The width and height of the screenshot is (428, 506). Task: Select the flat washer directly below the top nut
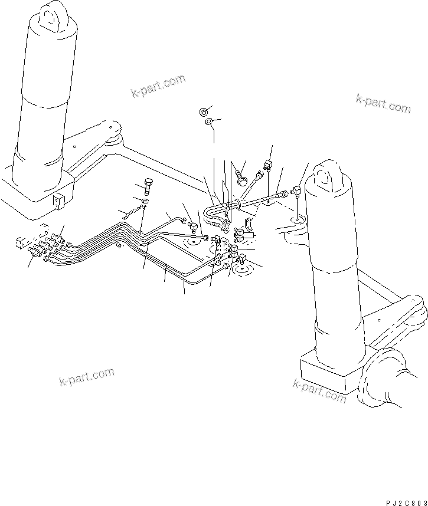coord(209,122)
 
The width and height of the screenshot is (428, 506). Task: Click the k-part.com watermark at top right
coord(383,104)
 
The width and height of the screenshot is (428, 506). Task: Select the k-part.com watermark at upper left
coord(158,86)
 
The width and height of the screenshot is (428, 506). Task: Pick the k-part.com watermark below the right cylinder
coord(319,391)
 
